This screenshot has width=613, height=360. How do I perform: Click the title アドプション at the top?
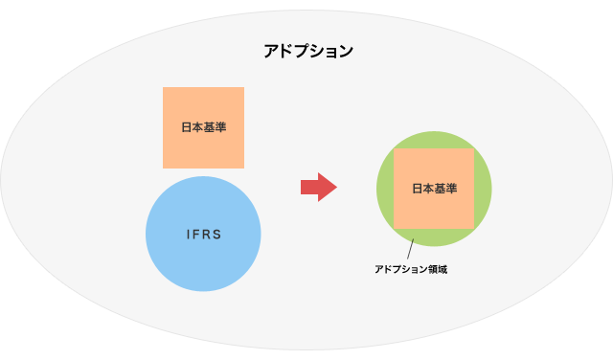pyautogui.click(x=308, y=51)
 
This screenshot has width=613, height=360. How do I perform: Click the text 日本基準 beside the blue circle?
pyautogui.click(x=203, y=127)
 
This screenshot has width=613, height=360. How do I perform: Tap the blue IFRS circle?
pyautogui.click(x=203, y=259)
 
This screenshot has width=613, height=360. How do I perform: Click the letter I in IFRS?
pyautogui.click(x=186, y=234)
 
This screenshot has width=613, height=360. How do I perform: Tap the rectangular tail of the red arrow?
pyautogui.click(x=308, y=187)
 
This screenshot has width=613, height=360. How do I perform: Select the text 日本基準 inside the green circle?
pyautogui.click(x=434, y=189)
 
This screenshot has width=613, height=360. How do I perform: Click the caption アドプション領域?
pyautogui.click(x=411, y=270)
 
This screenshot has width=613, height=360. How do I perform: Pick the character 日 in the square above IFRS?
pyautogui.click(x=187, y=127)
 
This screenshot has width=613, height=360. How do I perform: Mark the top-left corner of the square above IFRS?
pyautogui.click(x=164, y=88)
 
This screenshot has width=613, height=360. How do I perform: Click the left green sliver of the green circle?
pyautogui.click(x=384, y=189)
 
